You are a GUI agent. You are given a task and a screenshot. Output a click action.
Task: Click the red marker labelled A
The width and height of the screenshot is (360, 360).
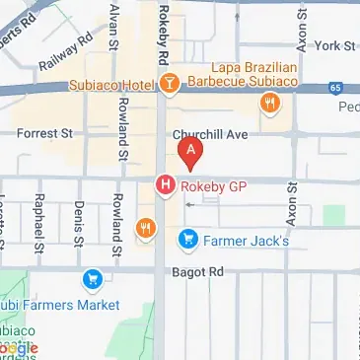point(189,152)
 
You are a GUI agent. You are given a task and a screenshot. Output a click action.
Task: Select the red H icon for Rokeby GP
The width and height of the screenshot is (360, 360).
point(165,183)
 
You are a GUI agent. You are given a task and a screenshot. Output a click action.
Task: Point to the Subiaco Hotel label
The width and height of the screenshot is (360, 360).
point(112,85)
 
